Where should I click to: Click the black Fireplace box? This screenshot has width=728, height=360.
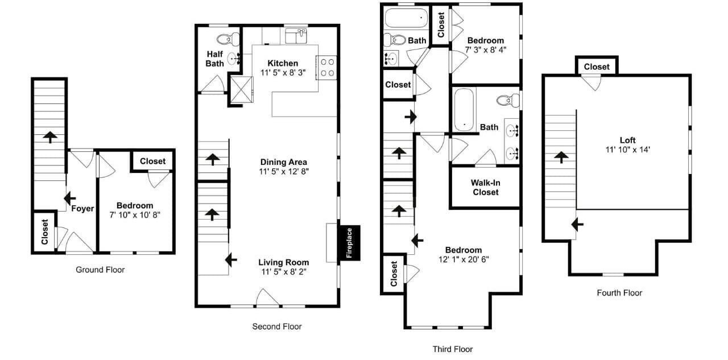coord(349,243)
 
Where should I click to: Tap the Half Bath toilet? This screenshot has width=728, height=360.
coord(228,40)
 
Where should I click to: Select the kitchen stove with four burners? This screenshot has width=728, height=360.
coord(326,68)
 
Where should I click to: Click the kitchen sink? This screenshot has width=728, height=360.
coord(296,36)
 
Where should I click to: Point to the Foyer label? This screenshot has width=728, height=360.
coord(82,209)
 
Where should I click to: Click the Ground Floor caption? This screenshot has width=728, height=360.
coord(100,270)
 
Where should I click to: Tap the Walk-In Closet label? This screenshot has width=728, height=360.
coord(486,188)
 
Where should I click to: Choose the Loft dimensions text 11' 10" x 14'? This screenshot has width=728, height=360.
coord(627,150)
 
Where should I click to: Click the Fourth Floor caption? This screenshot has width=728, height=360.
coord(619,293)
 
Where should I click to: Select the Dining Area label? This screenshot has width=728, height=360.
coord(283,162)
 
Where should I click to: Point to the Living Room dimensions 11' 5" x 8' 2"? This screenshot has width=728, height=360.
coord(284,272)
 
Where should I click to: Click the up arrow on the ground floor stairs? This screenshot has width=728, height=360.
coord(49,137)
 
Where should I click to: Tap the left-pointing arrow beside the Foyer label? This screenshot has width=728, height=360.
coord(69,198)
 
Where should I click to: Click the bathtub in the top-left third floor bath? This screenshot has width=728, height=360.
coord(406,18)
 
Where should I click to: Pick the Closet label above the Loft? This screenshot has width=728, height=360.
coord(597,67)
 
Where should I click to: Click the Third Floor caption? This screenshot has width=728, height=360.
coord(452,349)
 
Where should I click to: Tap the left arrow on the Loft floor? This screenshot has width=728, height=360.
coord(577,224)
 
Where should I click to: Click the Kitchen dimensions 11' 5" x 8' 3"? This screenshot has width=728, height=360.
coord(283,72)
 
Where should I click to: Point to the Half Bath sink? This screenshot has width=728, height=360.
coord(234,59)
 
